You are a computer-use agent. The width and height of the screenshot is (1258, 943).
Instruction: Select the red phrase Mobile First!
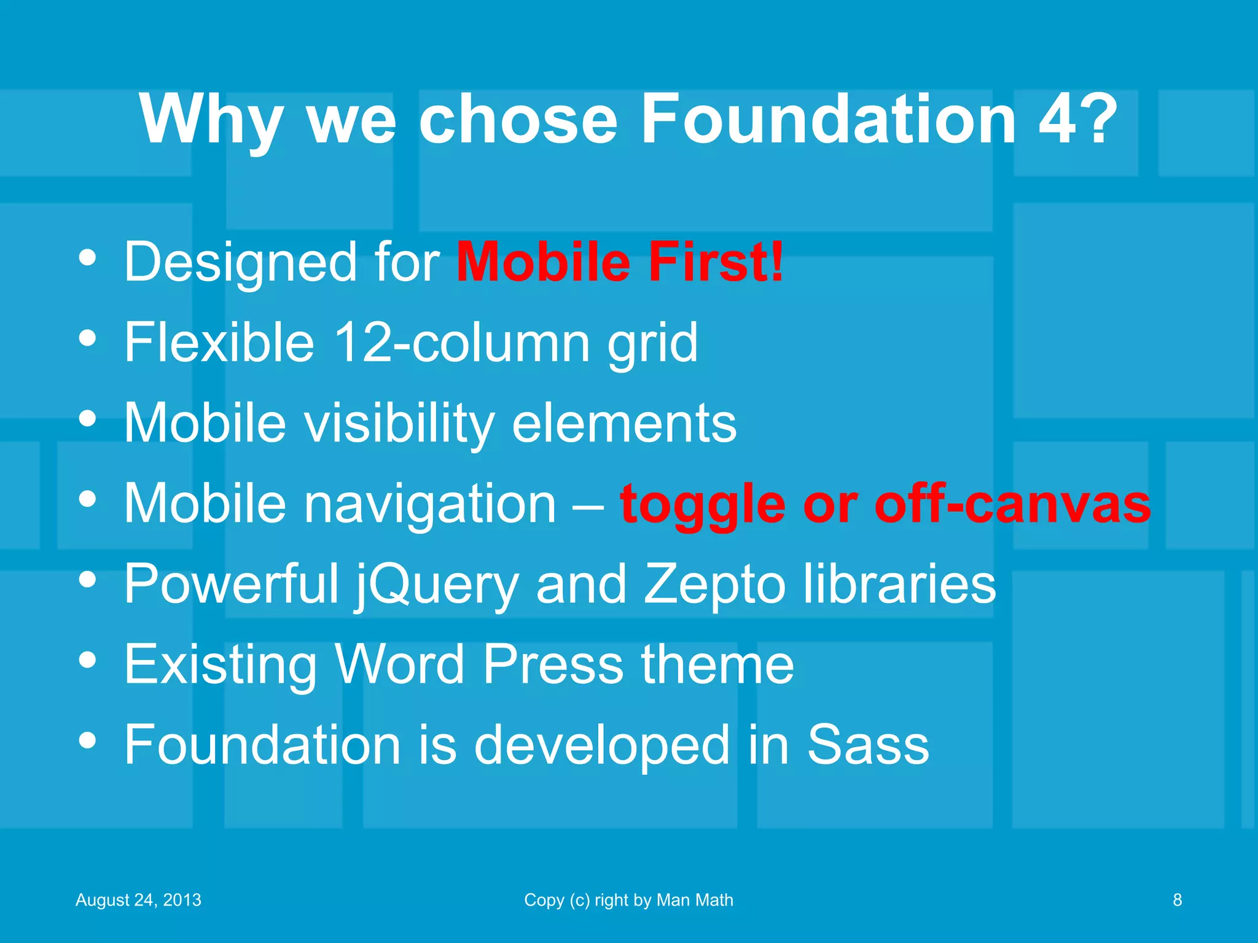620,262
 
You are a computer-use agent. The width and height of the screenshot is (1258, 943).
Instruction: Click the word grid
652,344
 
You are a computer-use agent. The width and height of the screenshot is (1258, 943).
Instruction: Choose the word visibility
400,424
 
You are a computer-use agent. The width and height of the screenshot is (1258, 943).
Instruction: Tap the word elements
624,424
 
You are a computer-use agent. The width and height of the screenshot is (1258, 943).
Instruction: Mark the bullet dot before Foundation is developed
88,740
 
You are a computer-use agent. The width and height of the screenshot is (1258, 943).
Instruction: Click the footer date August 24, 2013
138,900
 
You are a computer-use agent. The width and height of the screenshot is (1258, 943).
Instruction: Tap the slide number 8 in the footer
1177,900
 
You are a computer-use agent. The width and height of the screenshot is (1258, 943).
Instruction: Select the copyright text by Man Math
628,900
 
